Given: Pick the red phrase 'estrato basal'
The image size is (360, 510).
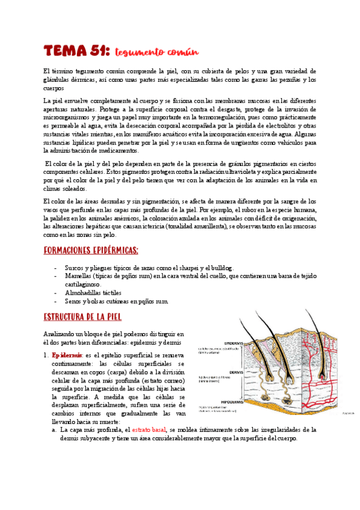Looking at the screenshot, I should [x=150, y=430].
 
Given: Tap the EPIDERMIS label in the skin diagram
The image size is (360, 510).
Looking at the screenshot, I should [x=234, y=343].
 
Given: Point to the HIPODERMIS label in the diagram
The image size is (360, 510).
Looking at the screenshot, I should [x=236, y=401].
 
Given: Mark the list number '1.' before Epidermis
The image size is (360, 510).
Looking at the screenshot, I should [x=46, y=355].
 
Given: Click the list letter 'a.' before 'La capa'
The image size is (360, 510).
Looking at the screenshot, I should [x=55, y=430].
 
